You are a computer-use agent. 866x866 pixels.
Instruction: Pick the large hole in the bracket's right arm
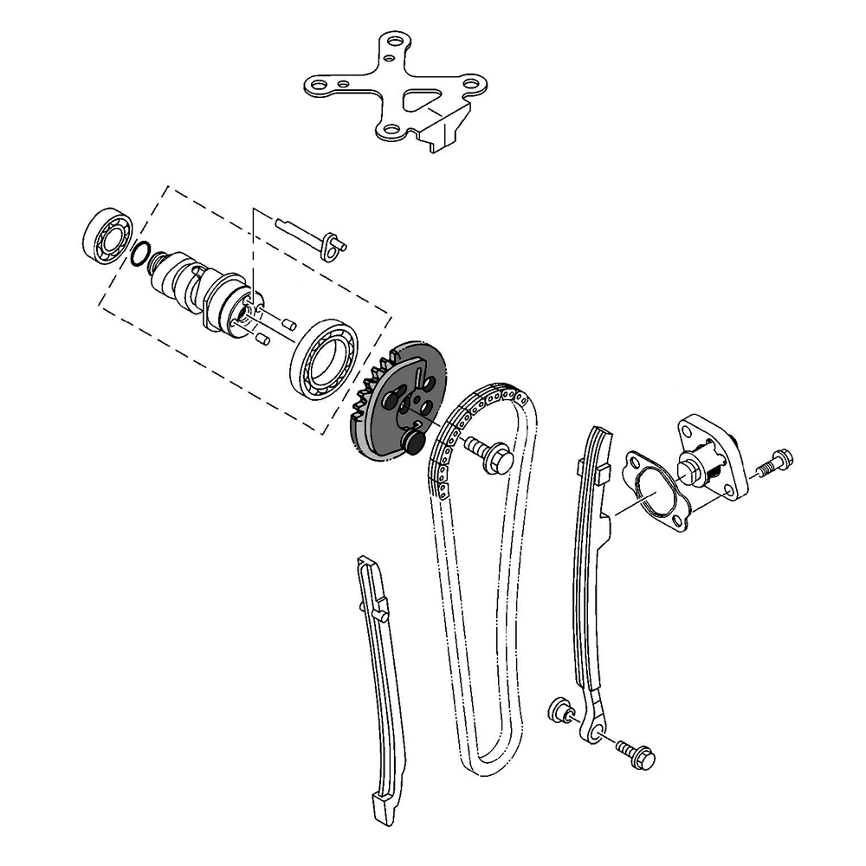pyautogui.click(x=470, y=84)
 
